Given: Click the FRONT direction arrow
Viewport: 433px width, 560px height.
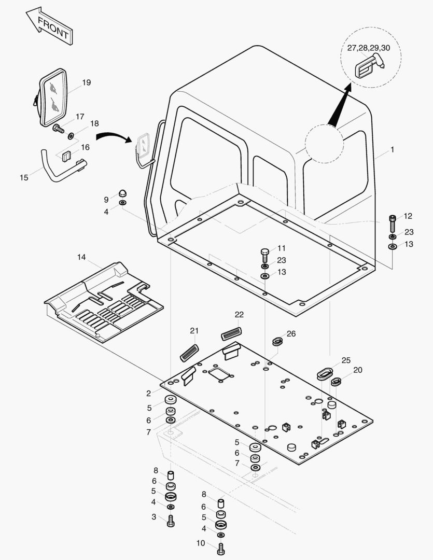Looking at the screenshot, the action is [49, 26].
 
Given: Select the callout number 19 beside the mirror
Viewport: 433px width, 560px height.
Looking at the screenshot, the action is [87, 82].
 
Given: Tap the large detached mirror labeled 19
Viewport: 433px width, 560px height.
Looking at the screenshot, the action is [52, 97].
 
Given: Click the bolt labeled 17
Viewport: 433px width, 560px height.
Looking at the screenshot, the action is [58, 128].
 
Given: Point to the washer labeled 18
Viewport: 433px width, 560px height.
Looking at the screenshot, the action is [71, 136].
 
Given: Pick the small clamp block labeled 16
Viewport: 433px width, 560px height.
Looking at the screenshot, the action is [66, 156].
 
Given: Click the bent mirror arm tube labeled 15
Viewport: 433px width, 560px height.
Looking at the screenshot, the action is [61, 168].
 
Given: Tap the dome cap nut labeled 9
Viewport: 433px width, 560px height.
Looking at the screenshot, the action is [122, 193].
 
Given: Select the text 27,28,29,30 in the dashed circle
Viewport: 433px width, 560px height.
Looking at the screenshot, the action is [368, 48].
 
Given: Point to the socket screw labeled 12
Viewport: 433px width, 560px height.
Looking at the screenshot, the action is [393, 223].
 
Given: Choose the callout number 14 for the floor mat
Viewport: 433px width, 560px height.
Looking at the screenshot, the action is [81, 257].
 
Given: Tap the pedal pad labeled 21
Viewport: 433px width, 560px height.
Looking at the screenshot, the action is [189, 353].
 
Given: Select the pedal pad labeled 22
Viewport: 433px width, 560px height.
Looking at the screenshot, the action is [231, 334].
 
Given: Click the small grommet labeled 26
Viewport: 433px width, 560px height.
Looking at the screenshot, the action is [277, 341].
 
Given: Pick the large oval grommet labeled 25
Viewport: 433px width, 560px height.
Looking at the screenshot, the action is [325, 373].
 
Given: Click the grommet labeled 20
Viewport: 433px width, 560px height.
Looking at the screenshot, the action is [336, 382].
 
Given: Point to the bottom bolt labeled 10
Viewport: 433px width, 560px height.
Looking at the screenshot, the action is [221, 549].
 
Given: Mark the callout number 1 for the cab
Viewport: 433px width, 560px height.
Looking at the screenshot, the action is [392, 150].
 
